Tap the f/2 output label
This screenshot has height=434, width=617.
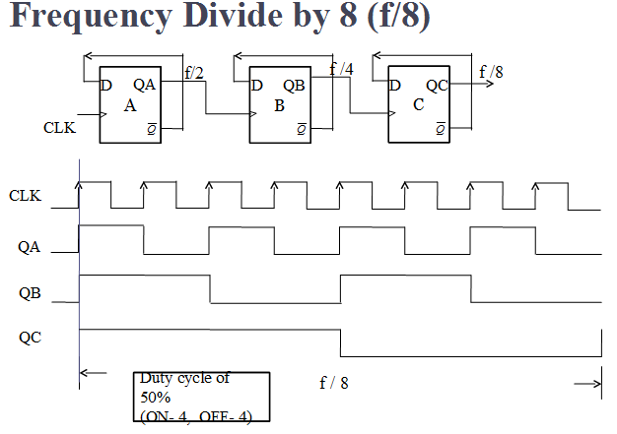point(194,73)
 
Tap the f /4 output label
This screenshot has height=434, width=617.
point(340,69)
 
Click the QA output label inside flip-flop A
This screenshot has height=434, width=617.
point(145,86)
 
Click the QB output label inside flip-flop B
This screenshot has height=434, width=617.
point(295,86)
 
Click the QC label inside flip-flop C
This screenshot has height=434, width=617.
point(437,86)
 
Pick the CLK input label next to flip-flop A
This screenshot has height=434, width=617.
point(58,127)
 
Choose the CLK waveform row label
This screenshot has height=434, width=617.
point(25,196)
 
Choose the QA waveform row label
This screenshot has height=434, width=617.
point(31,247)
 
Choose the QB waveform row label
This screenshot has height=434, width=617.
point(31,292)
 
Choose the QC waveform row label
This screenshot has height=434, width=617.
point(31,338)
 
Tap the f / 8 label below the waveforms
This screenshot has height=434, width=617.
point(334,383)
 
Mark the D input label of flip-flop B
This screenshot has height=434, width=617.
point(257,86)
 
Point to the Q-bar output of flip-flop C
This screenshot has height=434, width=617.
point(440,128)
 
